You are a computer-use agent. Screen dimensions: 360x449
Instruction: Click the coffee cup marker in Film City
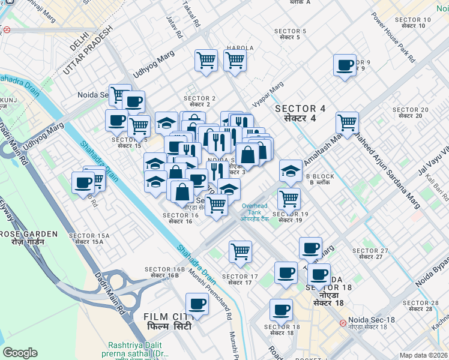point(197,304)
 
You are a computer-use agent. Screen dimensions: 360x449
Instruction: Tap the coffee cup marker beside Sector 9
point(345,65)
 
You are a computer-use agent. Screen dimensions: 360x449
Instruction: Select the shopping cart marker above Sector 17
point(240,251)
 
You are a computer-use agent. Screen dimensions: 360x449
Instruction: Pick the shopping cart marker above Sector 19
point(289,199)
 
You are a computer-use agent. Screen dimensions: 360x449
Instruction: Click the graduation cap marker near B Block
point(291,171)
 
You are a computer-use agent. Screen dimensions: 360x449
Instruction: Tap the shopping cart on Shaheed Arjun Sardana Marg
point(348,123)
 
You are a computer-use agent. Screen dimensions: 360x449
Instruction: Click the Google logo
point(20,352)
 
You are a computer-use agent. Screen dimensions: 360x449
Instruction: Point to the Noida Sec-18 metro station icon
point(342,323)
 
